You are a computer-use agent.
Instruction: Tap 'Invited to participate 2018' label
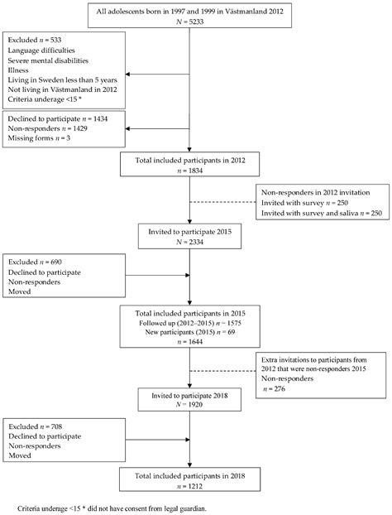click(191, 396)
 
